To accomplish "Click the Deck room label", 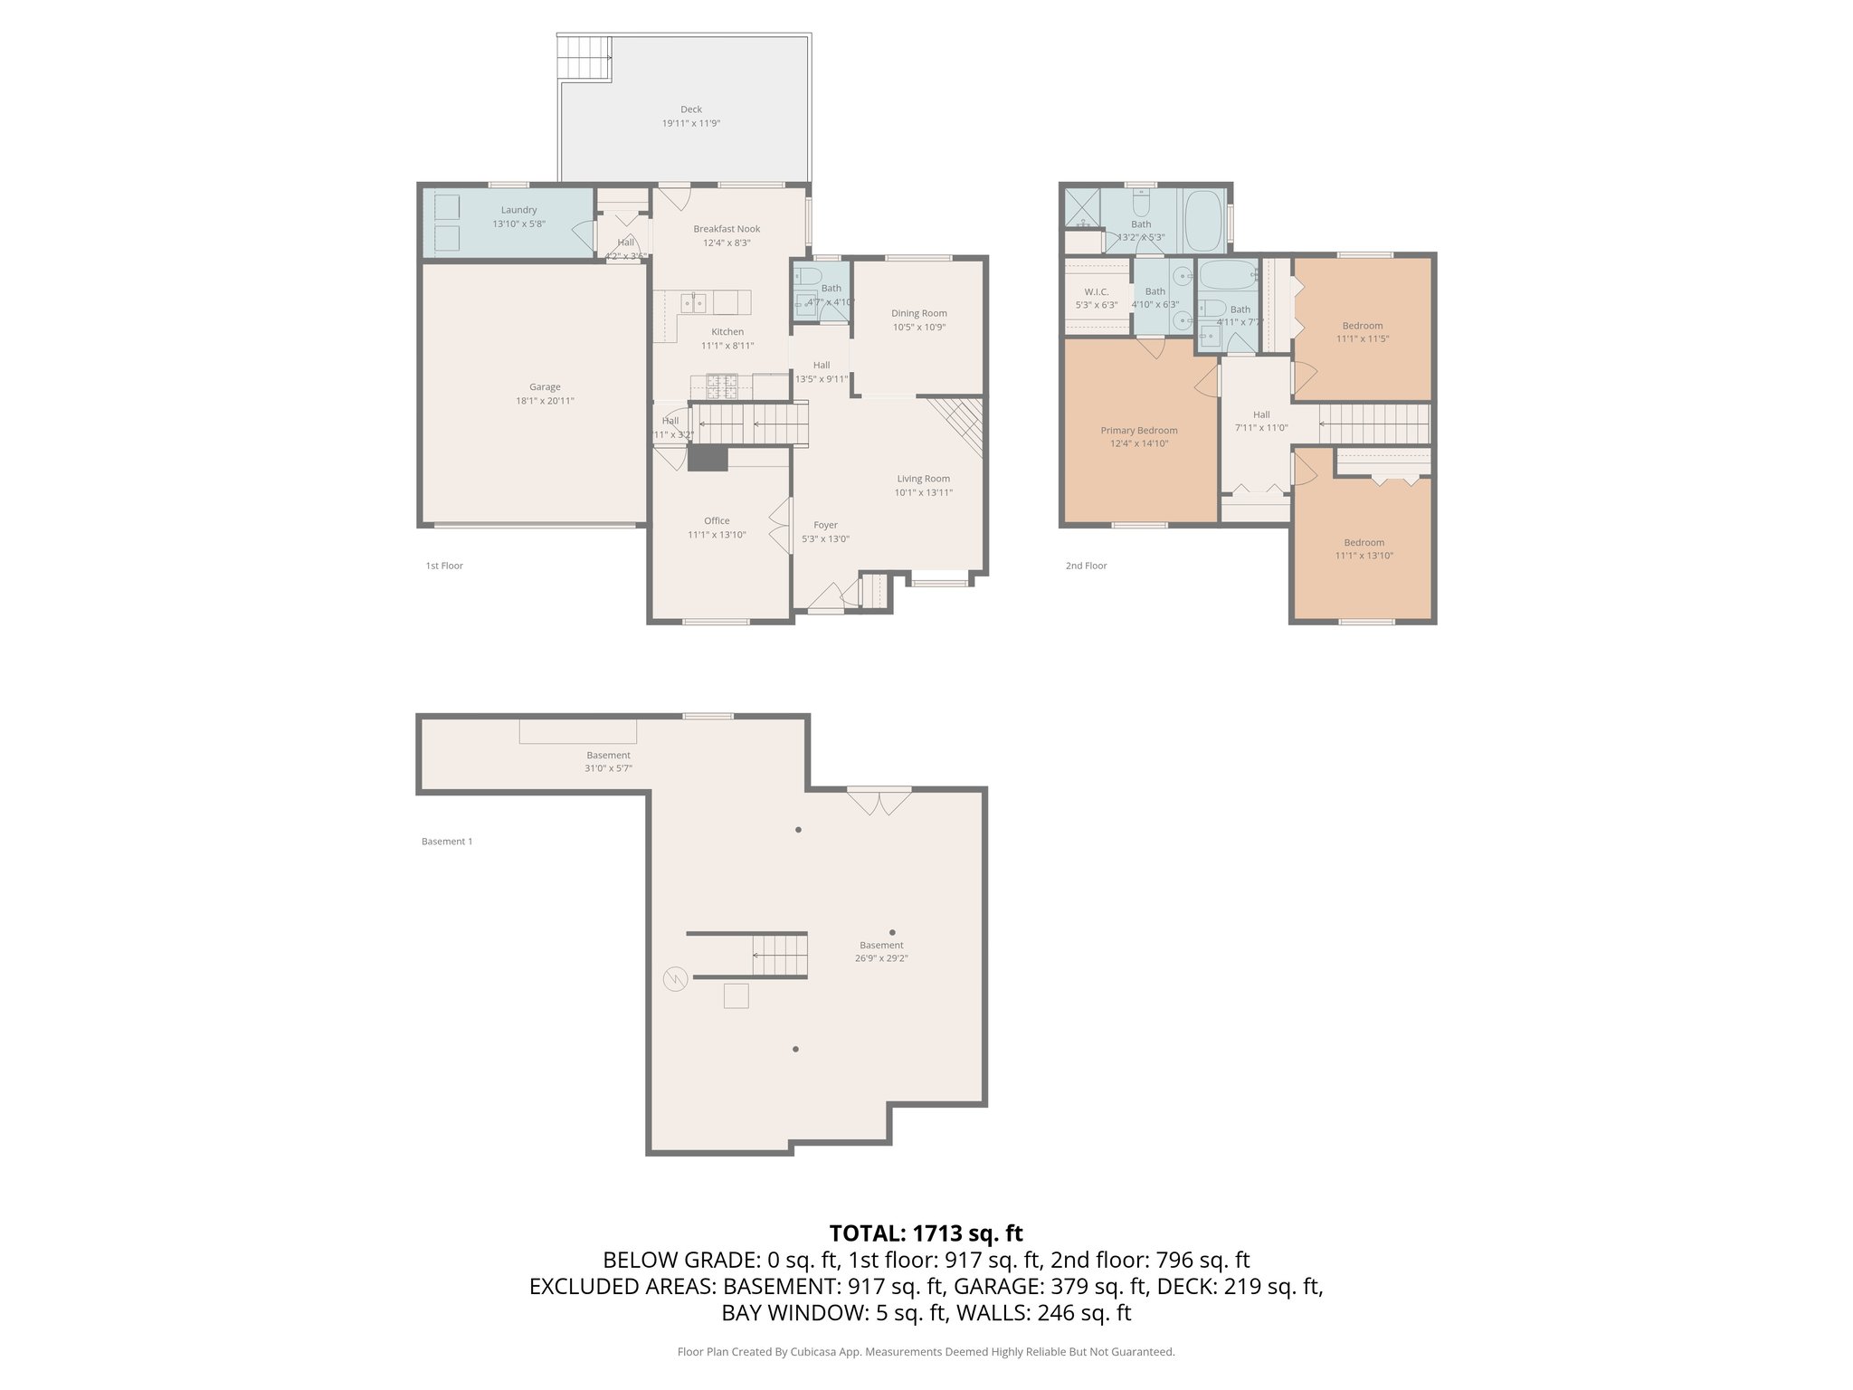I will click(690, 109).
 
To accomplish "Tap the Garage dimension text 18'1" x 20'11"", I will click(545, 401).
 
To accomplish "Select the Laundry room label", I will click(518, 210).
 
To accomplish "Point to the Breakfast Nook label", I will click(727, 229).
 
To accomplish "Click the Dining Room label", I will click(918, 313).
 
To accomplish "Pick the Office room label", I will click(717, 520).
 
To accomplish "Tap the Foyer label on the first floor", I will click(825, 525).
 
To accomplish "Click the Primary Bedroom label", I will click(1138, 431).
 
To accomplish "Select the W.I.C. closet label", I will click(1096, 291).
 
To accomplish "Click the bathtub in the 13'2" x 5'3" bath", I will click(1203, 220).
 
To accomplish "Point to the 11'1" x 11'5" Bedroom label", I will click(1362, 326).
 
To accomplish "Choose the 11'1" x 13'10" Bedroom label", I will click(1364, 543).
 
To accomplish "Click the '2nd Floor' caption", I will click(1086, 566).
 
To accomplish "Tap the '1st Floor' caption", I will click(444, 566).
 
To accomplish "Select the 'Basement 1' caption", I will click(447, 842).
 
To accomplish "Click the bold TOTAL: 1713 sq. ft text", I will click(926, 1233).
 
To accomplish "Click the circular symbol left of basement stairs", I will click(675, 978).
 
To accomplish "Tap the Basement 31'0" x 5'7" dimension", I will click(608, 768).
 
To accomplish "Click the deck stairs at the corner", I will click(584, 58).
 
